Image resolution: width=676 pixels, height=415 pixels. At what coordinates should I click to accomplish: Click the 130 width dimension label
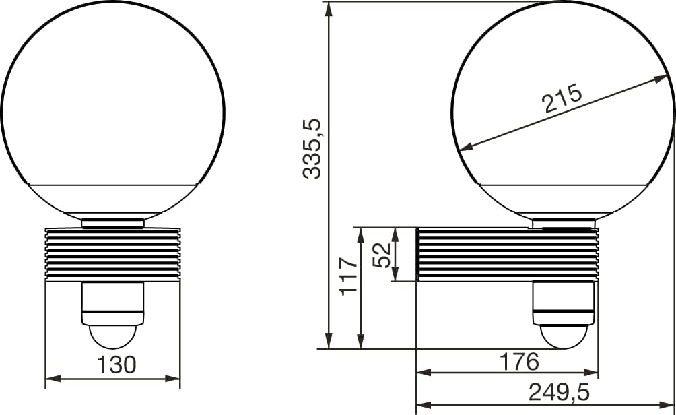(x=116, y=364)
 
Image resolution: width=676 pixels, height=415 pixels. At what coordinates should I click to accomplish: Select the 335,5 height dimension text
(x=312, y=149)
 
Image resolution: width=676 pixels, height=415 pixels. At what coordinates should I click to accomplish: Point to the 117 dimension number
(x=347, y=275)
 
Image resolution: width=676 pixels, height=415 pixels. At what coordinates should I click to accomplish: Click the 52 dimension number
(x=382, y=255)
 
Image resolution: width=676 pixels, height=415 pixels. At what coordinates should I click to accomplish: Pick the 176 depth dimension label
(x=518, y=362)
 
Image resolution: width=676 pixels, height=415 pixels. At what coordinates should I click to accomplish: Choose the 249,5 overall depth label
(x=558, y=391)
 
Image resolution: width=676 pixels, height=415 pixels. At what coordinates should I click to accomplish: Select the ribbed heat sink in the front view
(x=112, y=253)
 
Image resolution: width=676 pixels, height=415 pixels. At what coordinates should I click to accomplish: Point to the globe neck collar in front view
(x=112, y=223)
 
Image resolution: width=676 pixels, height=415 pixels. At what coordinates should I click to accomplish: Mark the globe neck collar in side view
(x=564, y=223)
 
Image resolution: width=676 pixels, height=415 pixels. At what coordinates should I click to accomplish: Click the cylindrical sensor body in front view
(x=112, y=302)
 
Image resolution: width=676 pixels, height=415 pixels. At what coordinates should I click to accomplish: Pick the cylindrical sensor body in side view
(x=564, y=302)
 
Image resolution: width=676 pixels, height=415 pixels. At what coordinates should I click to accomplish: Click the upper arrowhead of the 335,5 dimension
(x=329, y=8)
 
